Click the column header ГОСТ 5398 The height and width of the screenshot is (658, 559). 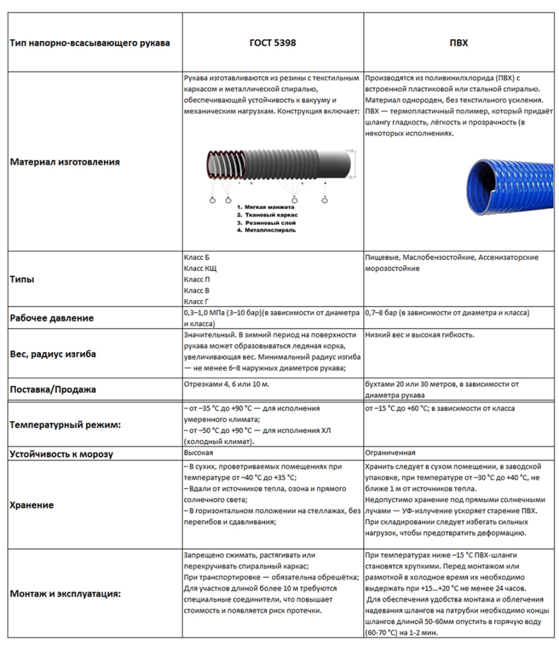(273, 44)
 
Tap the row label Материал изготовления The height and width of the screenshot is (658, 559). (65, 162)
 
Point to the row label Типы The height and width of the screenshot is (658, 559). (22, 280)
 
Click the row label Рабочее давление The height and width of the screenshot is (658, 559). (52, 318)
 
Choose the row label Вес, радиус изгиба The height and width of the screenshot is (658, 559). (53, 354)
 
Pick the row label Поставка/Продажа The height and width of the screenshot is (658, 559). (53, 389)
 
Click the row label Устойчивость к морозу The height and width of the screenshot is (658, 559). (62, 454)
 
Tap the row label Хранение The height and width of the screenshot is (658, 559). (32, 504)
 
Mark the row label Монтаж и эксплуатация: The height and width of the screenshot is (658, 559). (65, 594)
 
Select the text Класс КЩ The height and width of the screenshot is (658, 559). (200, 269)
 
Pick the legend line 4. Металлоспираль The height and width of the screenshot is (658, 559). (266, 229)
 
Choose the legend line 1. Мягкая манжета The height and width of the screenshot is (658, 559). (266, 207)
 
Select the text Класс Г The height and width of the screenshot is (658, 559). (196, 301)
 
